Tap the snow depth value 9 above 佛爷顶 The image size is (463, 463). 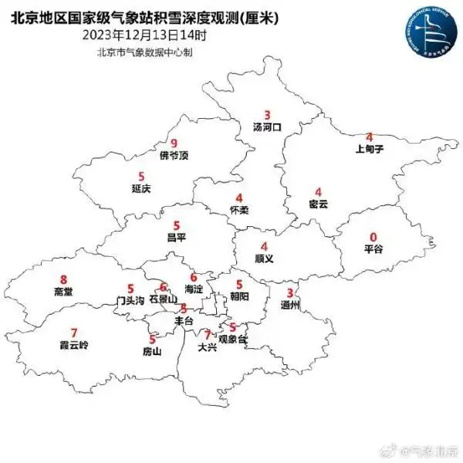tap(174, 143)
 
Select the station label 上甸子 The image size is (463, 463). tap(369, 149)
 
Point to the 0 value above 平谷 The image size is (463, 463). tap(374, 237)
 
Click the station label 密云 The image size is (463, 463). tap(318, 204)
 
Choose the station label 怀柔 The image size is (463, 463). tap(239, 209)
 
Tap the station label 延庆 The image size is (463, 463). tap(140, 188)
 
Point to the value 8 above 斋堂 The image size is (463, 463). tap(63, 279)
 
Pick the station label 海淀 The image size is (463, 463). tap(194, 289)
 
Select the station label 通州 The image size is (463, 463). tap(290, 305)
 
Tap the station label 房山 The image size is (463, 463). tap(153, 351)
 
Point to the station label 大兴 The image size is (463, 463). tap(207, 347)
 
